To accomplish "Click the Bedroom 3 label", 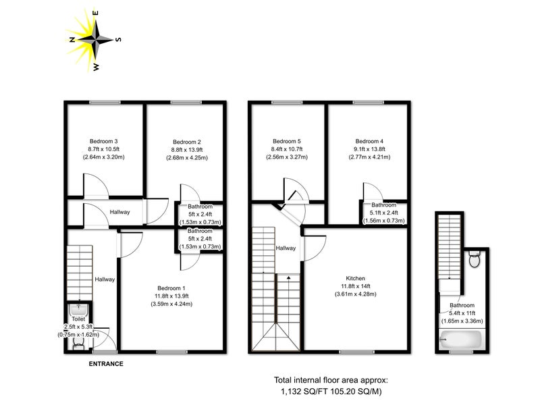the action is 104,141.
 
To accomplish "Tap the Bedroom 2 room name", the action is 187,142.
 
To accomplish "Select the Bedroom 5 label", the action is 287,141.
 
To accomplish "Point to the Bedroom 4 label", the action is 369,141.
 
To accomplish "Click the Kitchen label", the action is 356,278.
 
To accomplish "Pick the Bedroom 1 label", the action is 171,288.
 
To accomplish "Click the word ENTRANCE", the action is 106,364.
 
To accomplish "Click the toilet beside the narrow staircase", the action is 475,259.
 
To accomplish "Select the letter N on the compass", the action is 72,40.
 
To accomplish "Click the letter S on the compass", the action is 118,40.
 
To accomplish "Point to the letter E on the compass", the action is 96,13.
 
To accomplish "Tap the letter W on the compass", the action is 96,67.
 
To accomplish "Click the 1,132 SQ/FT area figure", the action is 305,391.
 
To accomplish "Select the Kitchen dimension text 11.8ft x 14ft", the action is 356,286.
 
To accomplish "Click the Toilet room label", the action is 78,319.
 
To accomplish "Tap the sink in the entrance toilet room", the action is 79,308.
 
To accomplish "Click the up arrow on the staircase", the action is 289,277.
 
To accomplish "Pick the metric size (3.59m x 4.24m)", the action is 171,304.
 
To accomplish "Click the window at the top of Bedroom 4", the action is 368,103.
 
